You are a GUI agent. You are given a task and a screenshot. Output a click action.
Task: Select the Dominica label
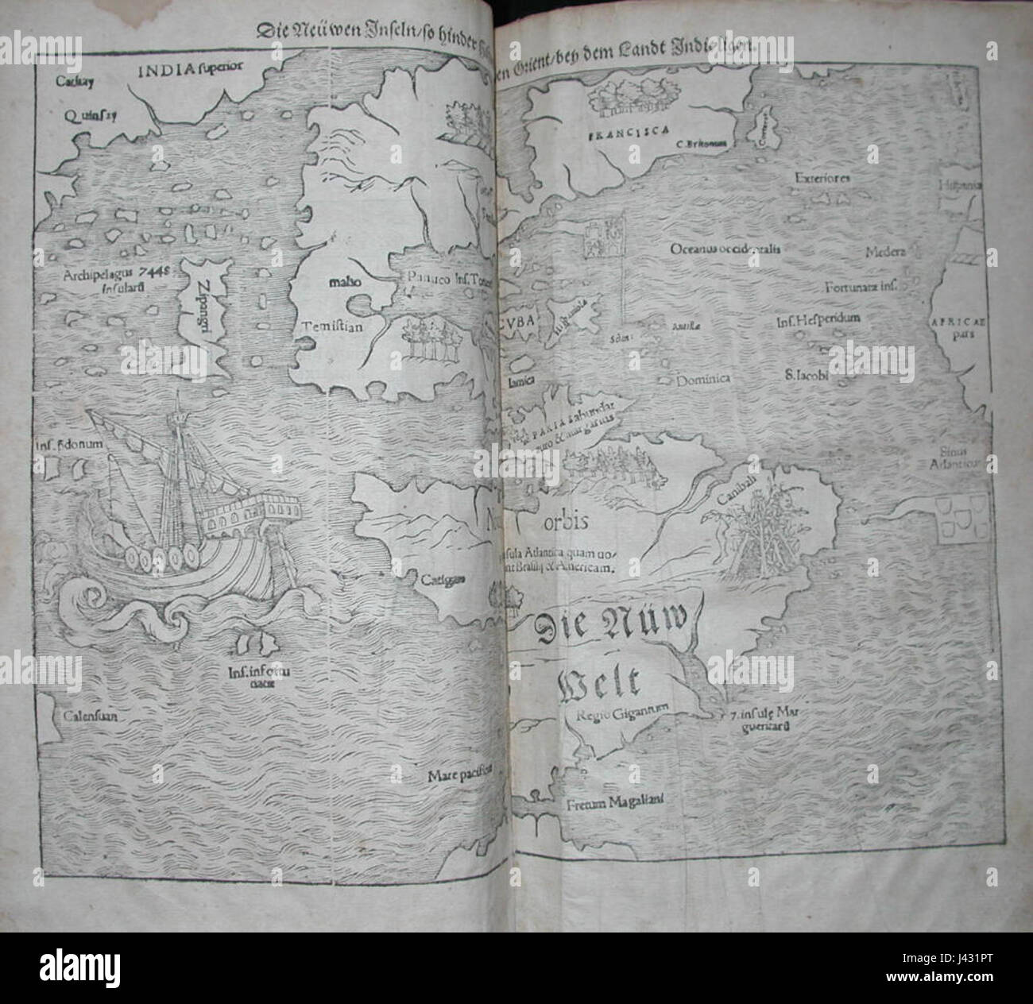coord(703,380)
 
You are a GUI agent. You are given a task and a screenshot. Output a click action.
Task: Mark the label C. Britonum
coord(703,144)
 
